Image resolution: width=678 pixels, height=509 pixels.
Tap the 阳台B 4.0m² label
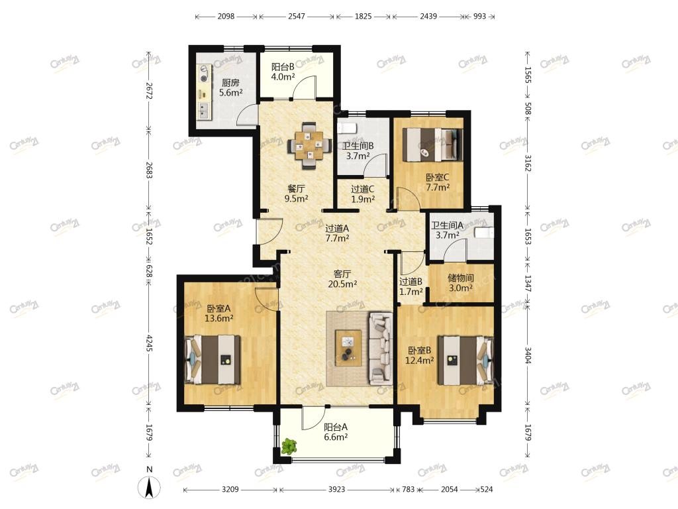(x=283, y=72)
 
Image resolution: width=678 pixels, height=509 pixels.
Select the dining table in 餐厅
(x=309, y=146)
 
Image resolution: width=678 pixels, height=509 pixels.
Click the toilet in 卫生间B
(x=346, y=128)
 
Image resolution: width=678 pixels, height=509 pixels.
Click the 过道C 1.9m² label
(x=363, y=194)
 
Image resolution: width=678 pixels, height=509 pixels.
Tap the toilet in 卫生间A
(x=484, y=232)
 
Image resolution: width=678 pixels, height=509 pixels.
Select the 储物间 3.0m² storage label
(x=461, y=282)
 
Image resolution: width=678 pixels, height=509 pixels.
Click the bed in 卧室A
(x=213, y=360)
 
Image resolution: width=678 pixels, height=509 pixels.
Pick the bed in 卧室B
(x=465, y=360)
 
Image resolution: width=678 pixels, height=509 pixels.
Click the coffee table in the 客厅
(x=348, y=348)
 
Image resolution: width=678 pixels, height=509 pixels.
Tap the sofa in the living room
(x=381, y=349)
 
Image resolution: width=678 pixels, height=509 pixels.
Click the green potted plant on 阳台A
(x=289, y=446)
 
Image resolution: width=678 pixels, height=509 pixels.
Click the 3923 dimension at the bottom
(x=337, y=490)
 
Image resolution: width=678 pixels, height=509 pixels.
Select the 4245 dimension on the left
(x=149, y=343)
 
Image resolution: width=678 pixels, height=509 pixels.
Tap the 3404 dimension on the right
(x=528, y=355)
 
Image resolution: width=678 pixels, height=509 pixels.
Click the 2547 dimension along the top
(x=297, y=17)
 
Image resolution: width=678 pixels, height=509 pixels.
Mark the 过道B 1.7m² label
(x=411, y=286)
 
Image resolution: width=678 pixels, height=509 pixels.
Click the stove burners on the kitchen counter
(x=205, y=74)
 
